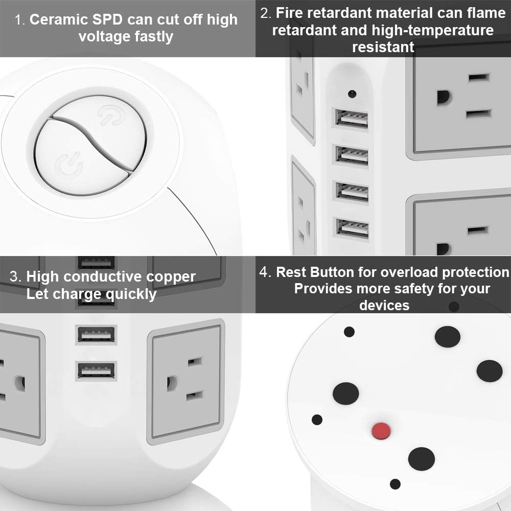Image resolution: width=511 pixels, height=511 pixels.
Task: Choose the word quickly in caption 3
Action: click(x=131, y=295)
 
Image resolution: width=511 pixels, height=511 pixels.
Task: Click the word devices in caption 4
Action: click(x=384, y=306)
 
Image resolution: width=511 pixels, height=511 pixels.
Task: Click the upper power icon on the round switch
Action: click(x=108, y=114)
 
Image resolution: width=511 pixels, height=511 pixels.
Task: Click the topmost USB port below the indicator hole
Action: click(x=352, y=118)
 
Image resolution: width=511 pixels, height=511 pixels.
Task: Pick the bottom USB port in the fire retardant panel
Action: click(x=352, y=228)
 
